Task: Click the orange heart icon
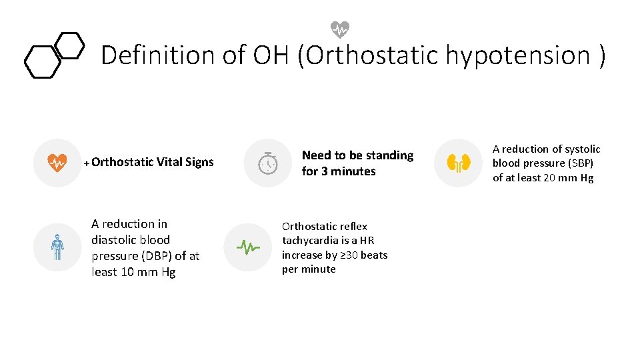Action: click(x=57, y=162)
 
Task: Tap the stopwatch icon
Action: click(x=267, y=163)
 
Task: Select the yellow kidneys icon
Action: click(x=459, y=163)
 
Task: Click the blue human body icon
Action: click(x=57, y=247)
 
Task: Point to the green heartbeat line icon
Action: click(x=248, y=247)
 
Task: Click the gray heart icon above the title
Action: click(x=340, y=29)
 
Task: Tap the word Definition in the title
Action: click(x=158, y=55)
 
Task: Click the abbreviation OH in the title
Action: click(x=271, y=55)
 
